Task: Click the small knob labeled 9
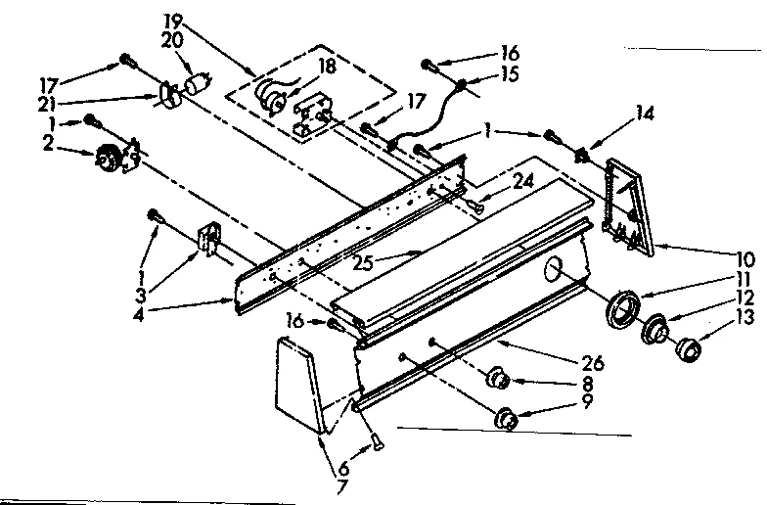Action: click(x=507, y=417)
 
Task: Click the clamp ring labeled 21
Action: click(x=166, y=94)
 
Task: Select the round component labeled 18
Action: click(x=269, y=96)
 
